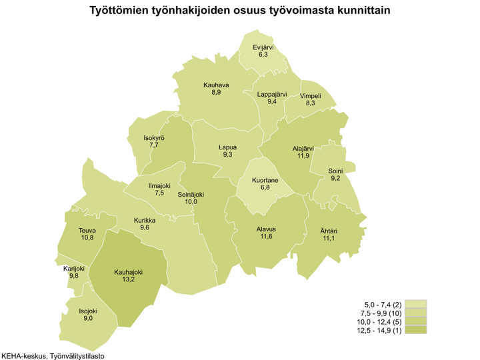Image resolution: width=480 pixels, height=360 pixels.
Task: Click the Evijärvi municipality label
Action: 263,47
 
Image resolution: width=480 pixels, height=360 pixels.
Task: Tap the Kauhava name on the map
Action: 216,85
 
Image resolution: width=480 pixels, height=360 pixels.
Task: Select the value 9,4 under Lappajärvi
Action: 272,102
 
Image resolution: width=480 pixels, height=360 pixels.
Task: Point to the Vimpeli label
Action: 311,95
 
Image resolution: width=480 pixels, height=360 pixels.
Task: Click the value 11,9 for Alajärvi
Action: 303,156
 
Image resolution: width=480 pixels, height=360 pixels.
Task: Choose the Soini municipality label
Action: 335,171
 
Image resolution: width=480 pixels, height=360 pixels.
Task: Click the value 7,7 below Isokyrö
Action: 154,145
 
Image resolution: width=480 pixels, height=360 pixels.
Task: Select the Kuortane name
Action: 265,180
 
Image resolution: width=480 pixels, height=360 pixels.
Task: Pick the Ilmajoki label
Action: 159,185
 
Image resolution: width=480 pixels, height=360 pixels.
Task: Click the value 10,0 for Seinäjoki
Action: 191,202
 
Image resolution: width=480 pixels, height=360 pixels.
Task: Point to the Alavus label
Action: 266,229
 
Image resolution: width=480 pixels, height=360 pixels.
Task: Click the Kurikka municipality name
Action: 145,220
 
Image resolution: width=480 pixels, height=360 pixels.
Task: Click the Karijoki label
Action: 74,269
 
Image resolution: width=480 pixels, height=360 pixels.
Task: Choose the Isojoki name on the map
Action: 89,311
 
